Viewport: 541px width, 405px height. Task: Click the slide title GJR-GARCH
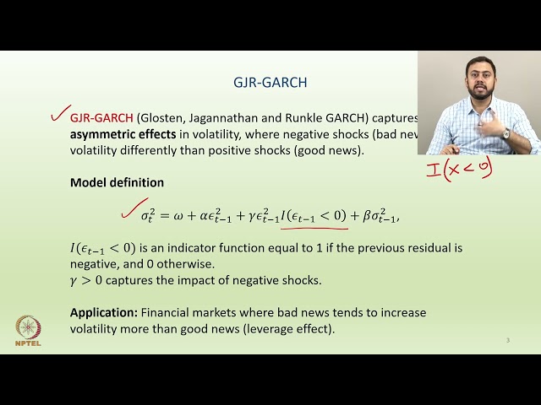click(x=270, y=83)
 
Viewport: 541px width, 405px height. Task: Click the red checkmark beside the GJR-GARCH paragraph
click(x=57, y=114)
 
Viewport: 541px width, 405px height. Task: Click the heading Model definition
click(x=117, y=182)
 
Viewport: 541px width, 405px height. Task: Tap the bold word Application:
click(x=103, y=312)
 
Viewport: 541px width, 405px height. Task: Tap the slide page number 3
click(x=508, y=340)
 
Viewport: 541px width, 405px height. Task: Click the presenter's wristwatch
click(x=505, y=133)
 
